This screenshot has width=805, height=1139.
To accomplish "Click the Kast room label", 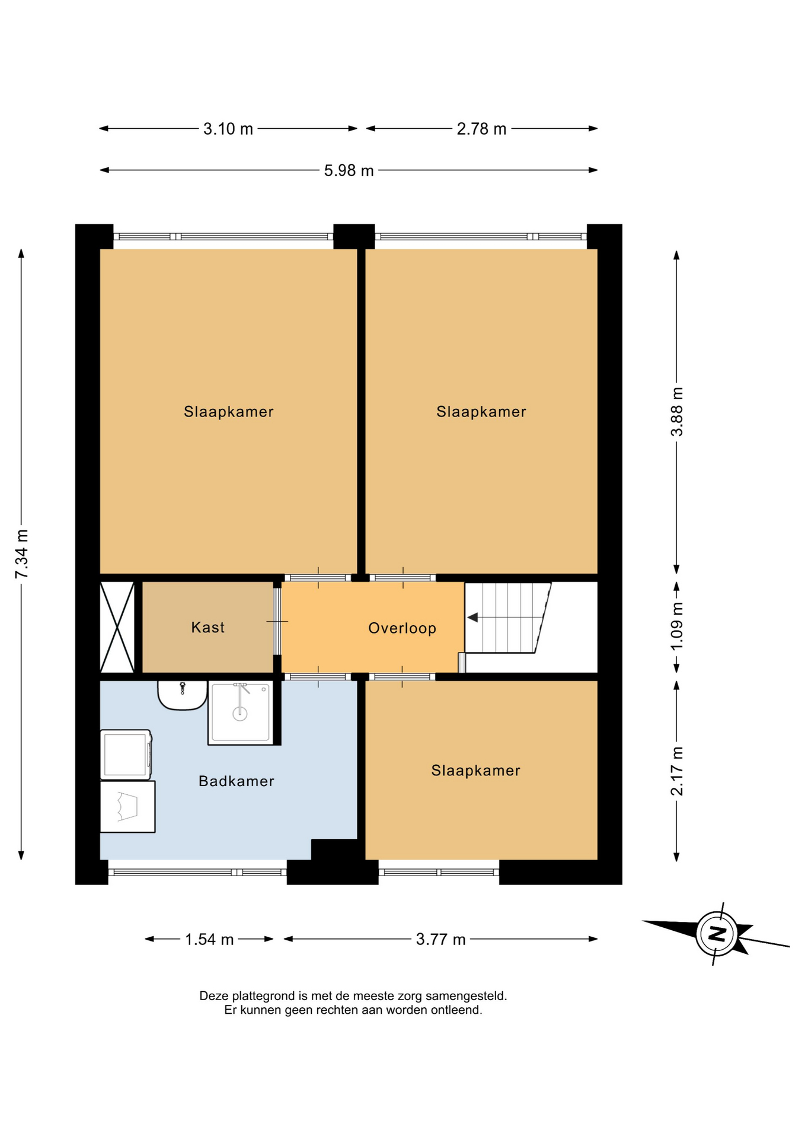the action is [207, 627].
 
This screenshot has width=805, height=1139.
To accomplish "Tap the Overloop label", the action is [402, 628].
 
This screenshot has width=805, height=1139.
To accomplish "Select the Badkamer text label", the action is [236, 781].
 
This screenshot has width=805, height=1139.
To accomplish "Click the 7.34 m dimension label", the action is [22, 553].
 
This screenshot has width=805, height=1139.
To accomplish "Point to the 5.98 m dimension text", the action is [349, 171].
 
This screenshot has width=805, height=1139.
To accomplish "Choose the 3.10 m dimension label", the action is [228, 129].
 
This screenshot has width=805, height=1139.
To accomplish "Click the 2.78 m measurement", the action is [481, 129].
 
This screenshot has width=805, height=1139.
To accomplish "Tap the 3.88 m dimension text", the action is [676, 412].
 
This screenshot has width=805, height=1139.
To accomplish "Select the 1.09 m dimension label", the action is [676, 626].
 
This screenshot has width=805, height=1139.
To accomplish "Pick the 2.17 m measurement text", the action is [676, 771].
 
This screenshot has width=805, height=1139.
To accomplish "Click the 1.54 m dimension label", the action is [209, 939].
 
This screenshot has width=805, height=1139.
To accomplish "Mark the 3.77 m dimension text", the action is [440, 939].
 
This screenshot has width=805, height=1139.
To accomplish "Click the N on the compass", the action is [717, 934].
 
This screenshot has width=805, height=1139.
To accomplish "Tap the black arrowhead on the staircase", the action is [472, 618].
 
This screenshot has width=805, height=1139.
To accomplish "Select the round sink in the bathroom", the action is [182, 695].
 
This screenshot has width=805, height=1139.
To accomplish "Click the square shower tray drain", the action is [239, 714].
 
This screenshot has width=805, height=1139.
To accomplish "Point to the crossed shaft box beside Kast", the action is [117, 627].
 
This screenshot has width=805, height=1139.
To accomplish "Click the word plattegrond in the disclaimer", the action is [260, 996].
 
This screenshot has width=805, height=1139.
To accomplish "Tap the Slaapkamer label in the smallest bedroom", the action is [475, 770].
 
